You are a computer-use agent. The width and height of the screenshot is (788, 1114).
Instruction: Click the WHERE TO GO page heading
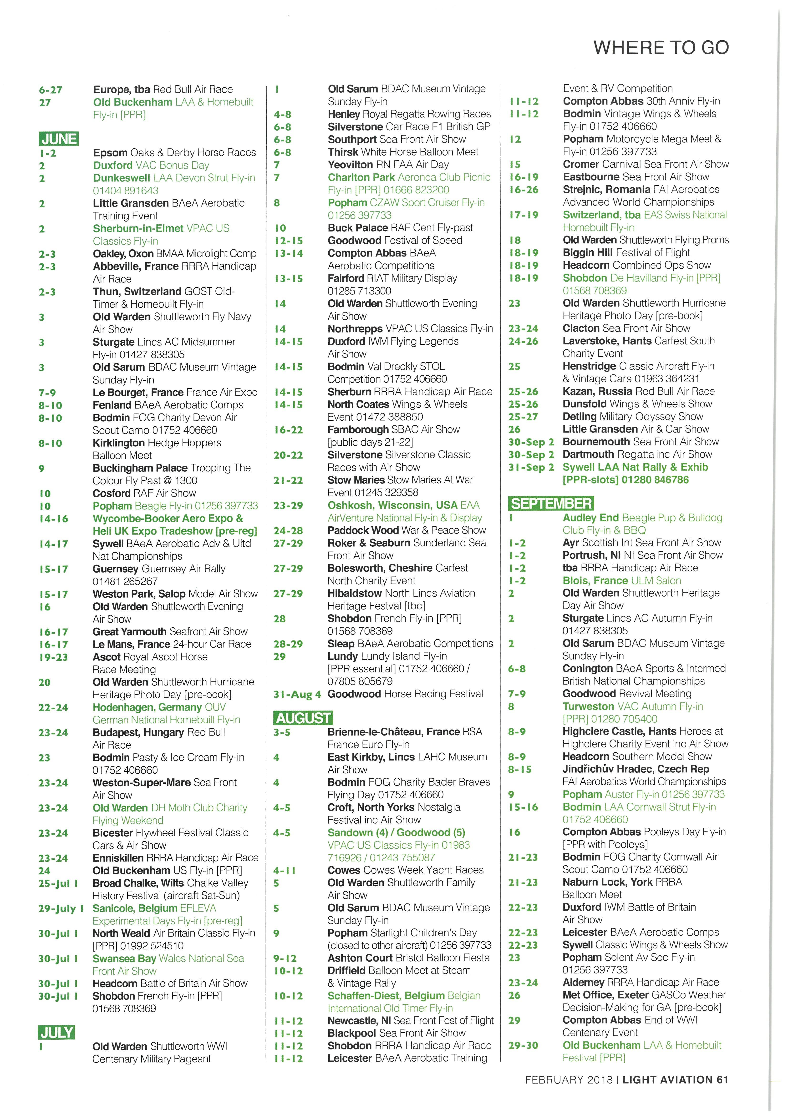[661, 48]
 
